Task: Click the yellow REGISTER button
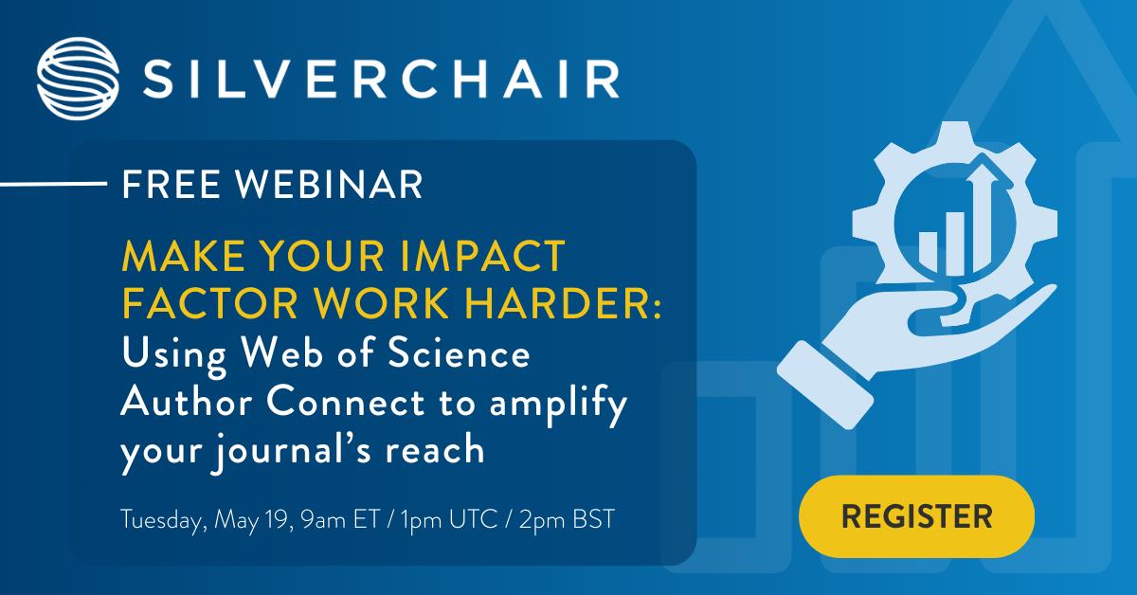(x=916, y=516)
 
